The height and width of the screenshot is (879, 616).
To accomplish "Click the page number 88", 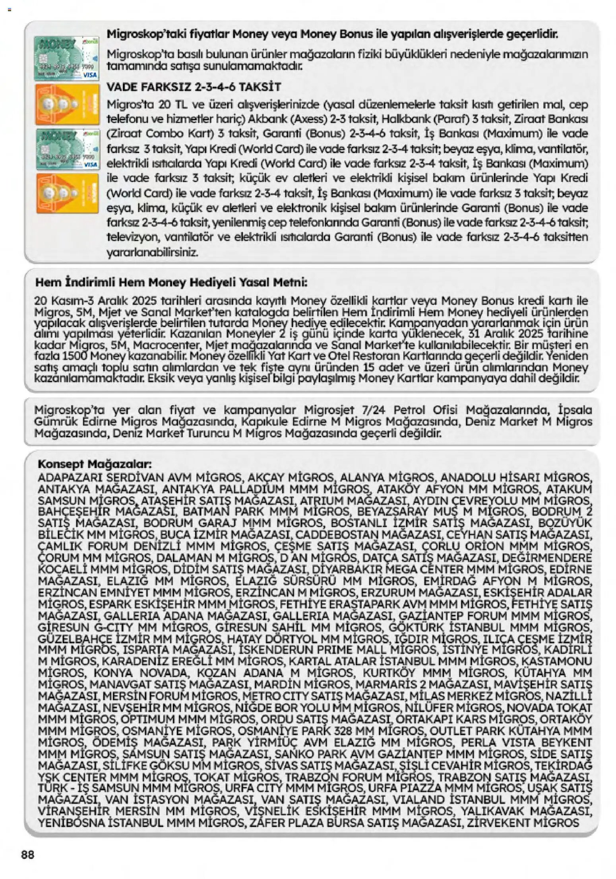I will (x=28, y=854).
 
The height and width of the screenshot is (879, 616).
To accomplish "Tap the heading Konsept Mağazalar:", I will (x=95, y=464).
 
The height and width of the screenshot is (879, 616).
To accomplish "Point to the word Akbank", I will (x=265, y=119).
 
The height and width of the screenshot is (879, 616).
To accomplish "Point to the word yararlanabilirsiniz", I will (x=152, y=252).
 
